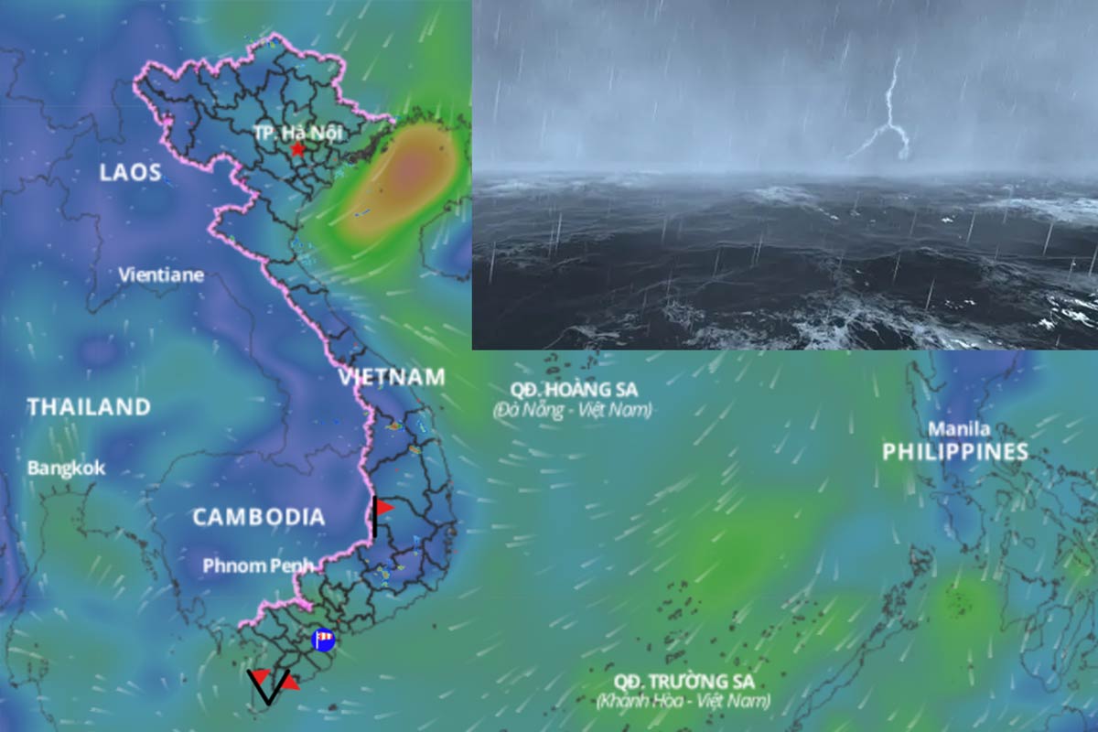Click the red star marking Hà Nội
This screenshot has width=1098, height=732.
tap(296, 149)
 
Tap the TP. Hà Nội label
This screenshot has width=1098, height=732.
tap(298, 133)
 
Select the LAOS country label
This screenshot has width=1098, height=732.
tap(130, 172)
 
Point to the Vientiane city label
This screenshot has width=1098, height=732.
tap(161, 274)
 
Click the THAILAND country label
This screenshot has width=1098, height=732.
tap(89, 407)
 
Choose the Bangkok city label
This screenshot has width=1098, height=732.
tap(66, 468)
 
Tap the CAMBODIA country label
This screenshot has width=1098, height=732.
tap(258, 517)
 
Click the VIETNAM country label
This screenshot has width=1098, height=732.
tap(392, 377)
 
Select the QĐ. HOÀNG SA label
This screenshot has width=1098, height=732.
tap(575, 389)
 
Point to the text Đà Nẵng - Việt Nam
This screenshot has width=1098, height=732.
tap(573, 410)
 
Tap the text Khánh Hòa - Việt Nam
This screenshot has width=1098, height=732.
tap(684, 702)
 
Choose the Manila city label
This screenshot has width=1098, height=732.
tap(959, 428)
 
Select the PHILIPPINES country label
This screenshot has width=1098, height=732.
tap(955, 451)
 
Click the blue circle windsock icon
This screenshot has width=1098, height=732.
tap(322, 640)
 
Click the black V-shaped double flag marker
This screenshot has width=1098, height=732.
tap(268, 686)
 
